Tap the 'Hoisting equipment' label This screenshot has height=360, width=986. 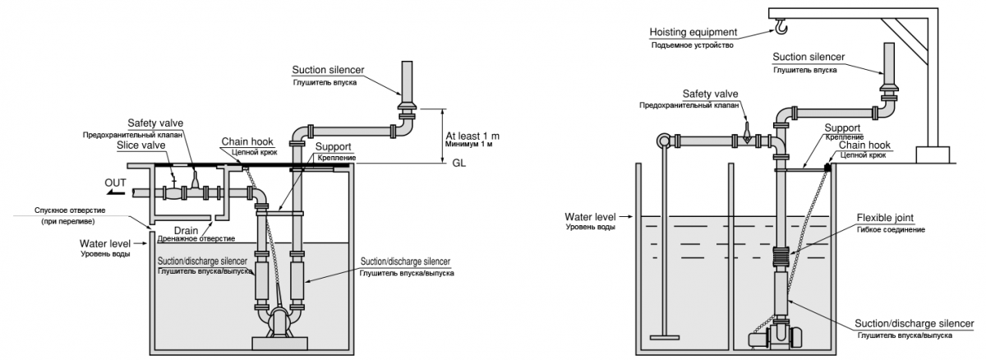point(693,32)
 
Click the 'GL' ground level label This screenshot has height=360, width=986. point(459,164)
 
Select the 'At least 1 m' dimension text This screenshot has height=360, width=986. point(472,136)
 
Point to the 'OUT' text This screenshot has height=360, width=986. point(115,182)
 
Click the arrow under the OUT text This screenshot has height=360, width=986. point(115,192)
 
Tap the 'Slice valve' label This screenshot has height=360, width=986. point(141,145)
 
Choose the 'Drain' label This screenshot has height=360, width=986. point(186,231)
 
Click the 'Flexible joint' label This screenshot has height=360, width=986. point(885,218)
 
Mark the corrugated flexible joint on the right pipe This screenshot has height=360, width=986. point(782,256)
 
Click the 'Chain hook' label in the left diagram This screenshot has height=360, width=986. point(247,141)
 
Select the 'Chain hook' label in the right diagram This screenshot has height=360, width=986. point(864,145)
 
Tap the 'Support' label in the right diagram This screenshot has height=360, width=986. point(842,128)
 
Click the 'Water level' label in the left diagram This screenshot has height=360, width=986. point(105,244)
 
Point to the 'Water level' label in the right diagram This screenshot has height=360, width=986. point(590,217)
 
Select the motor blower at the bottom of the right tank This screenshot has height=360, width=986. point(778,338)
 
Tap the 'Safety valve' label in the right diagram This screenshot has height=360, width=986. point(710,94)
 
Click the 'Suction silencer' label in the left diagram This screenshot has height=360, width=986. point(328,70)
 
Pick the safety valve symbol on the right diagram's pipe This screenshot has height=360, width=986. point(747,133)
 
